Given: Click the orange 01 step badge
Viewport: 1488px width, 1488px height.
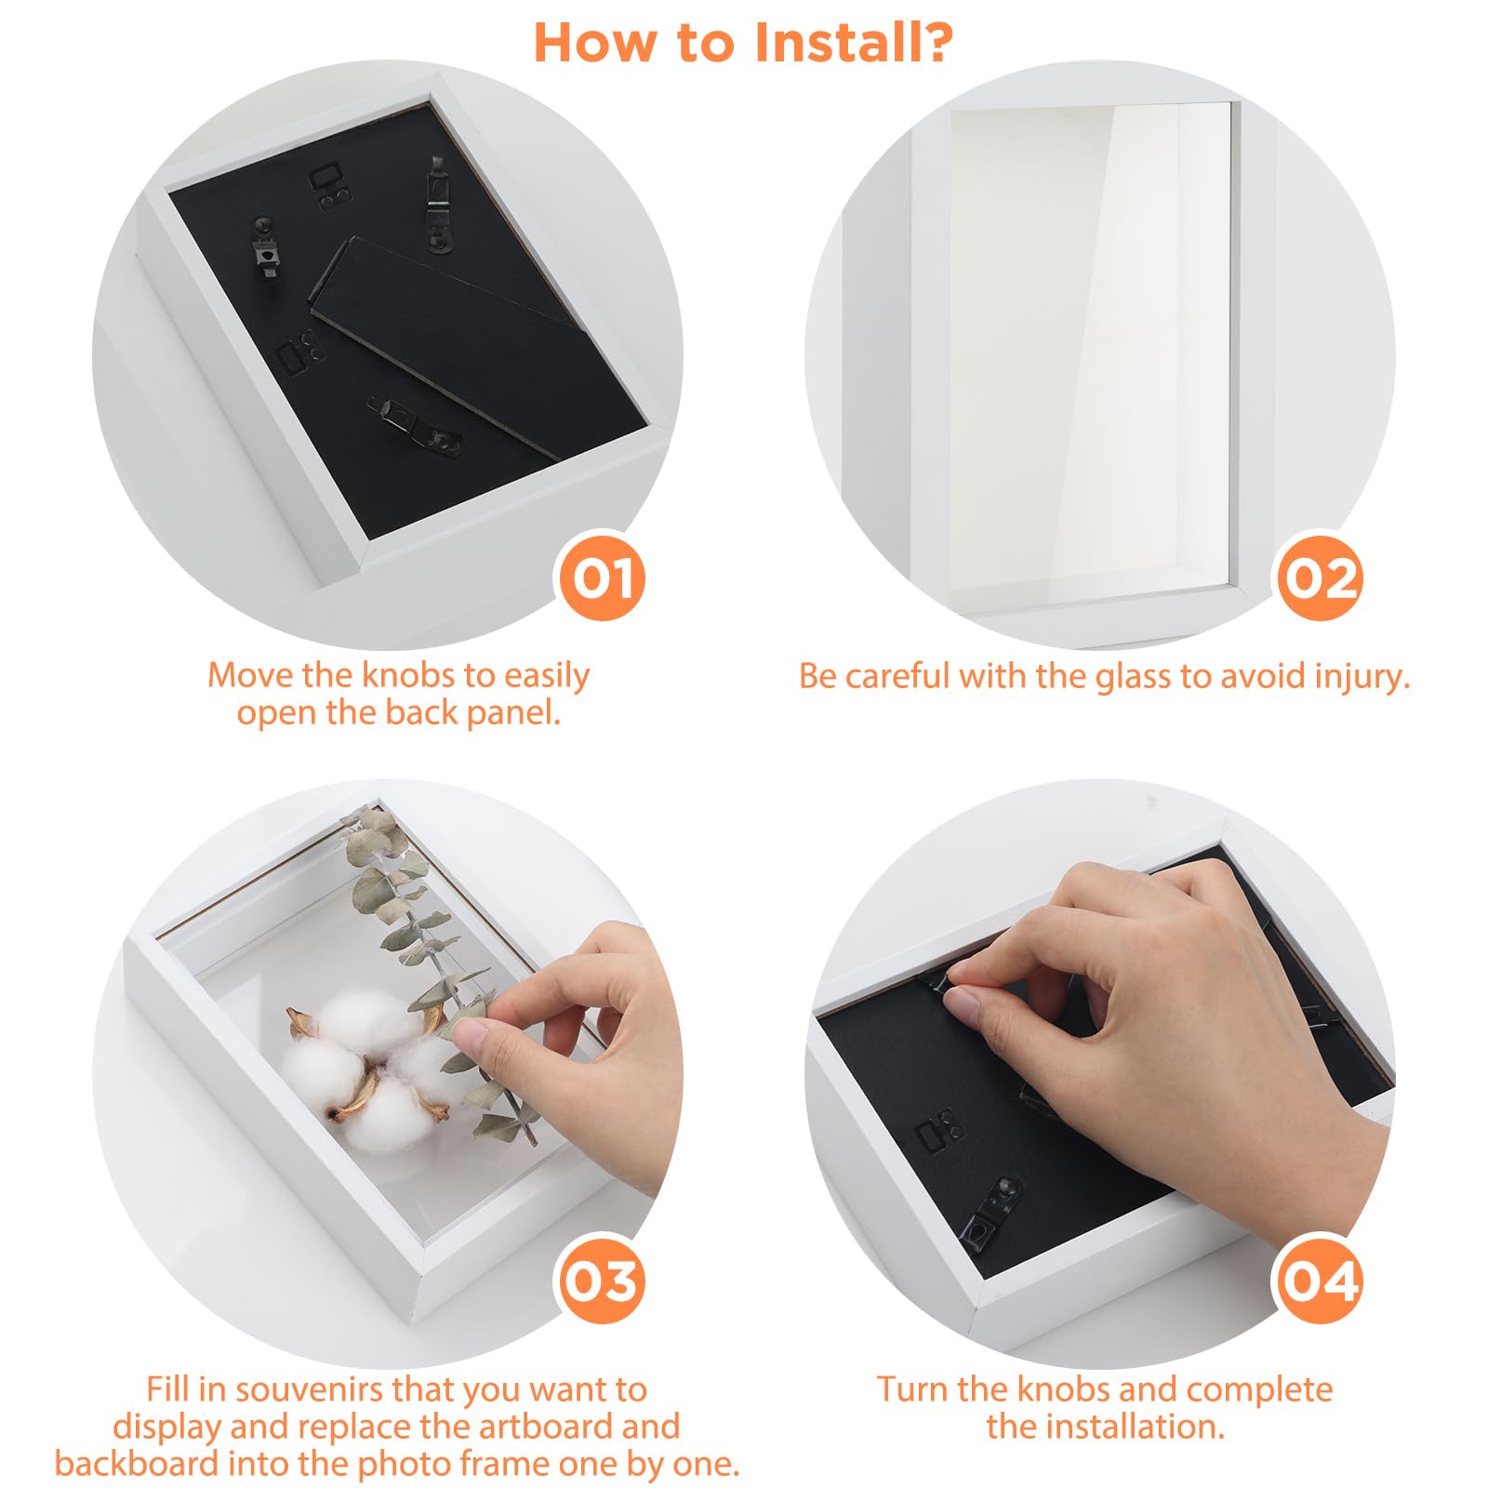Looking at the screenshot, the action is point(602,578).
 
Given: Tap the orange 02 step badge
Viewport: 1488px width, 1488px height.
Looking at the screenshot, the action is point(1320,578).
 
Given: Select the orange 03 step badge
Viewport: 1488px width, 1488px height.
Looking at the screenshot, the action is point(602,1281).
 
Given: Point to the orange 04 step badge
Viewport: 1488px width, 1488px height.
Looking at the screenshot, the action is point(1320,1281).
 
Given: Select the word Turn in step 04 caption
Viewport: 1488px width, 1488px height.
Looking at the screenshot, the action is point(912,1388).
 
